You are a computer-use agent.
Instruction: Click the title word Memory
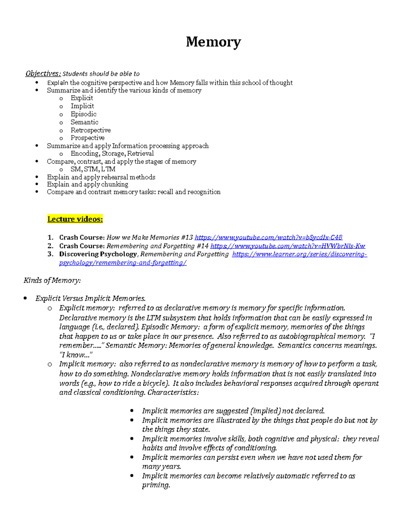click(213, 42)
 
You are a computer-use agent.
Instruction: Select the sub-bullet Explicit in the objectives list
click(82, 98)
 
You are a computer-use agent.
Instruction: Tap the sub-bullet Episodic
click(83, 114)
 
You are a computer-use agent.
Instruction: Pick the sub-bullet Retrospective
click(90, 130)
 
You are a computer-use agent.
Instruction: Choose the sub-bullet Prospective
click(87, 138)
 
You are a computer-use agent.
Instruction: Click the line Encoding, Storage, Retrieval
click(112, 154)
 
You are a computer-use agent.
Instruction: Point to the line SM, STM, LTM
click(93, 169)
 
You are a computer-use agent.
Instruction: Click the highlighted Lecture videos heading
click(75, 219)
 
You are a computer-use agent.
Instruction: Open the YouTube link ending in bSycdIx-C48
click(268, 238)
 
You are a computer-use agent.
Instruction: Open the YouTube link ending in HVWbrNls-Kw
click(287, 246)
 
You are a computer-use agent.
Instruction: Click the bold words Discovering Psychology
click(98, 254)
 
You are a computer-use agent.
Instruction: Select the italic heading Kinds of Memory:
click(52, 280)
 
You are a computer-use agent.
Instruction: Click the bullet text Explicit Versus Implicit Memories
click(90, 298)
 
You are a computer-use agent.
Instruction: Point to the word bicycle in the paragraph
click(153, 384)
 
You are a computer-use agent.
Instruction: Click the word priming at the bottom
click(156, 485)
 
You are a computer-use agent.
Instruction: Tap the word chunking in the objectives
click(115, 185)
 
